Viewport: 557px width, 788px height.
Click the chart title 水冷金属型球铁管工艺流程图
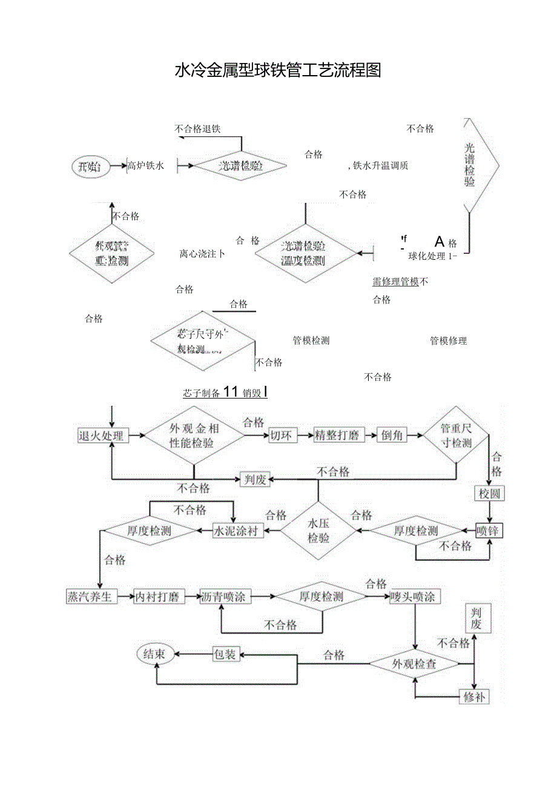(x=278, y=71)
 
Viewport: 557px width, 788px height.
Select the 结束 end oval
(x=155, y=654)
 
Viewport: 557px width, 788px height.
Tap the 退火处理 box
(x=103, y=435)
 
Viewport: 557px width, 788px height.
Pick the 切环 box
(x=283, y=435)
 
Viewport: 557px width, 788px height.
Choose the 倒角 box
(x=392, y=435)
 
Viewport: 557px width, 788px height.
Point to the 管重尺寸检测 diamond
(x=456, y=435)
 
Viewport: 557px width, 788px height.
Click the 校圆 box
(x=489, y=494)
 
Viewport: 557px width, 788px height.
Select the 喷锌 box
(x=489, y=531)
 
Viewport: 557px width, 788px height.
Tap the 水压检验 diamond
(x=318, y=531)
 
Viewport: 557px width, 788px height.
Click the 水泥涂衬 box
(x=238, y=531)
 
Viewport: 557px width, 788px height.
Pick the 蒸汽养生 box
(x=90, y=597)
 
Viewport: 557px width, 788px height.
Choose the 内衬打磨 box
(x=157, y=597)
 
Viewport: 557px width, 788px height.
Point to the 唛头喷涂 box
(x=415, y=597)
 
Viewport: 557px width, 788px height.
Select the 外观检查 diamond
(x=414, y=664)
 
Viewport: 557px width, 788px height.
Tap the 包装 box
(x=226, y=654)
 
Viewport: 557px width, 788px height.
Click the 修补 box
(x=474, y=697)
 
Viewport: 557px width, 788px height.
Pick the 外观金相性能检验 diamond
(x=194, y=435)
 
